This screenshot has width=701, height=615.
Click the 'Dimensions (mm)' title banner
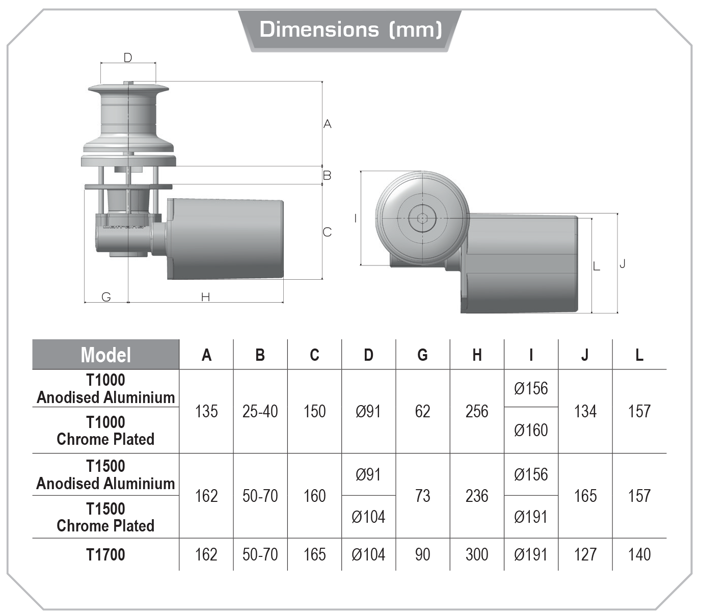click(x=350, y=30)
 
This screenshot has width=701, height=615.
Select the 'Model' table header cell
click(x=106, y=355)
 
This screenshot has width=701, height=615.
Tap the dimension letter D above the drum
click(x=128, y=58)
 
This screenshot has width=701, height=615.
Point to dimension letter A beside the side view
click(x=328, y=124)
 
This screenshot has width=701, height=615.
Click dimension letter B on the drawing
click(x=327, y=175)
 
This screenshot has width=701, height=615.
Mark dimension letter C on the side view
click(x=327, y=232)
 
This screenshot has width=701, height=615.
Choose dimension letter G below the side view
click(x=106, y=297)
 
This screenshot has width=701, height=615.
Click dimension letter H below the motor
click(x=205, y=297)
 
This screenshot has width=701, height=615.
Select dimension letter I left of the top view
click(x=355, y=218)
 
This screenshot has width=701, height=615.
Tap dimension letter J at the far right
click(x=622, y=263)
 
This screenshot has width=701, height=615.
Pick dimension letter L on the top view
click(x=597, y=266)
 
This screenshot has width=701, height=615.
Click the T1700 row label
click(x=106, y=554)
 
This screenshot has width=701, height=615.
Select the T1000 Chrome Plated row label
click(x=106, y=431)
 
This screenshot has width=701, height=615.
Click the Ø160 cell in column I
click(x=531, y=430)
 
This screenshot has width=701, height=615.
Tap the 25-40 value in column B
click(x=260, y=411)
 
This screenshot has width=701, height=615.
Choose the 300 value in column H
click(x=477, y=554)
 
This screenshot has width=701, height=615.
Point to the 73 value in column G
click(x=423, y=496)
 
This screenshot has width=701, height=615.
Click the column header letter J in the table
click(x=585, y=355)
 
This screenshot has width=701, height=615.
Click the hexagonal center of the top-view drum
click(x=422, y=219)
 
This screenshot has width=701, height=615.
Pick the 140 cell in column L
click(x=639, y=554)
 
